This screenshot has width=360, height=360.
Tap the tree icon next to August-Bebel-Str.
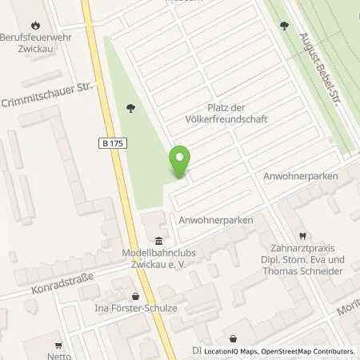[284, 26]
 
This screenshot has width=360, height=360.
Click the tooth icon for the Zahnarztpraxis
[302, 236]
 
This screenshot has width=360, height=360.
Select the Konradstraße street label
[62, 282]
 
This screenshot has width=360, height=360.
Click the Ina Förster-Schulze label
[135, 309]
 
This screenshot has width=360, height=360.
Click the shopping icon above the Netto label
[55, 338]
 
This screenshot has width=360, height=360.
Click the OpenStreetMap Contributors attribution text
[312, 351]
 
